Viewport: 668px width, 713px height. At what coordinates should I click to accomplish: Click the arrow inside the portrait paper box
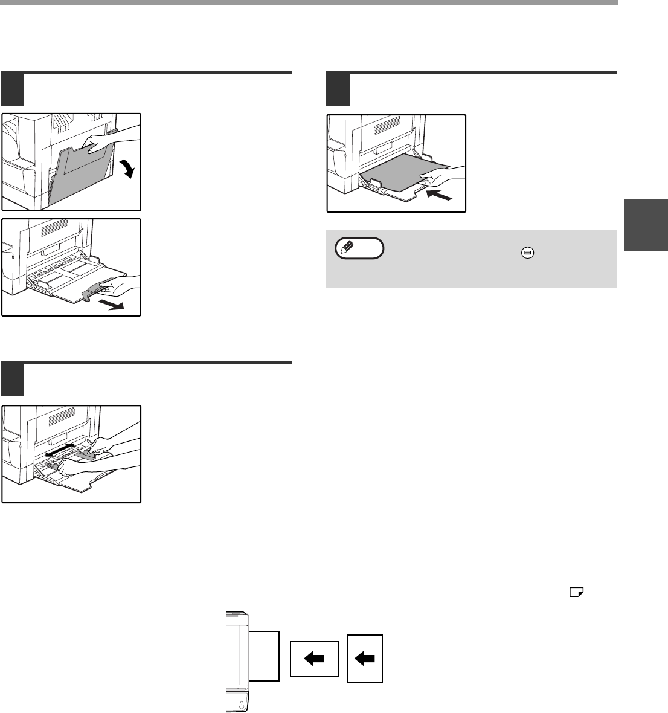point(365,660)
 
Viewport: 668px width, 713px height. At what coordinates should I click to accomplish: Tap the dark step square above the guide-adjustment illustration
point(13,379)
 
